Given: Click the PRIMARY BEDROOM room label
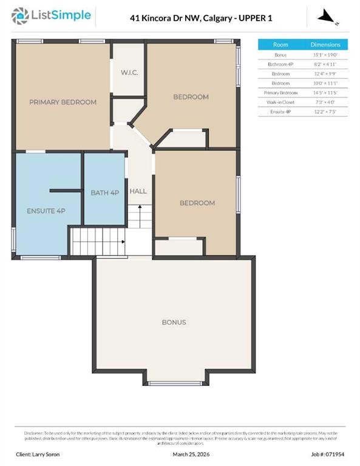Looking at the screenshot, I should (63, 102).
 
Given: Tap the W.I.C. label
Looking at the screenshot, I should (129, 73).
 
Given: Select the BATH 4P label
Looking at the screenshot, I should (104, 193).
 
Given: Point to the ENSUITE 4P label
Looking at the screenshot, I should (46, 211).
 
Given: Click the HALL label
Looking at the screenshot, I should (138, 191).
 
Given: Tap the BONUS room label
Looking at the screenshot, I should (174, 322).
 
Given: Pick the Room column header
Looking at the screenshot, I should (280, 45).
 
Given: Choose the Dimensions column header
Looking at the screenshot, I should (325, 45).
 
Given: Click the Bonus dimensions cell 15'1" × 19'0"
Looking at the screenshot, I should (325, 55).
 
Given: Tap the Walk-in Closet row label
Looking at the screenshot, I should (280, 102).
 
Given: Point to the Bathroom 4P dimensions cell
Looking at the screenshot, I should (325, 64).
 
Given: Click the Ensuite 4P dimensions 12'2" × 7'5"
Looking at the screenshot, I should (325, 112).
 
